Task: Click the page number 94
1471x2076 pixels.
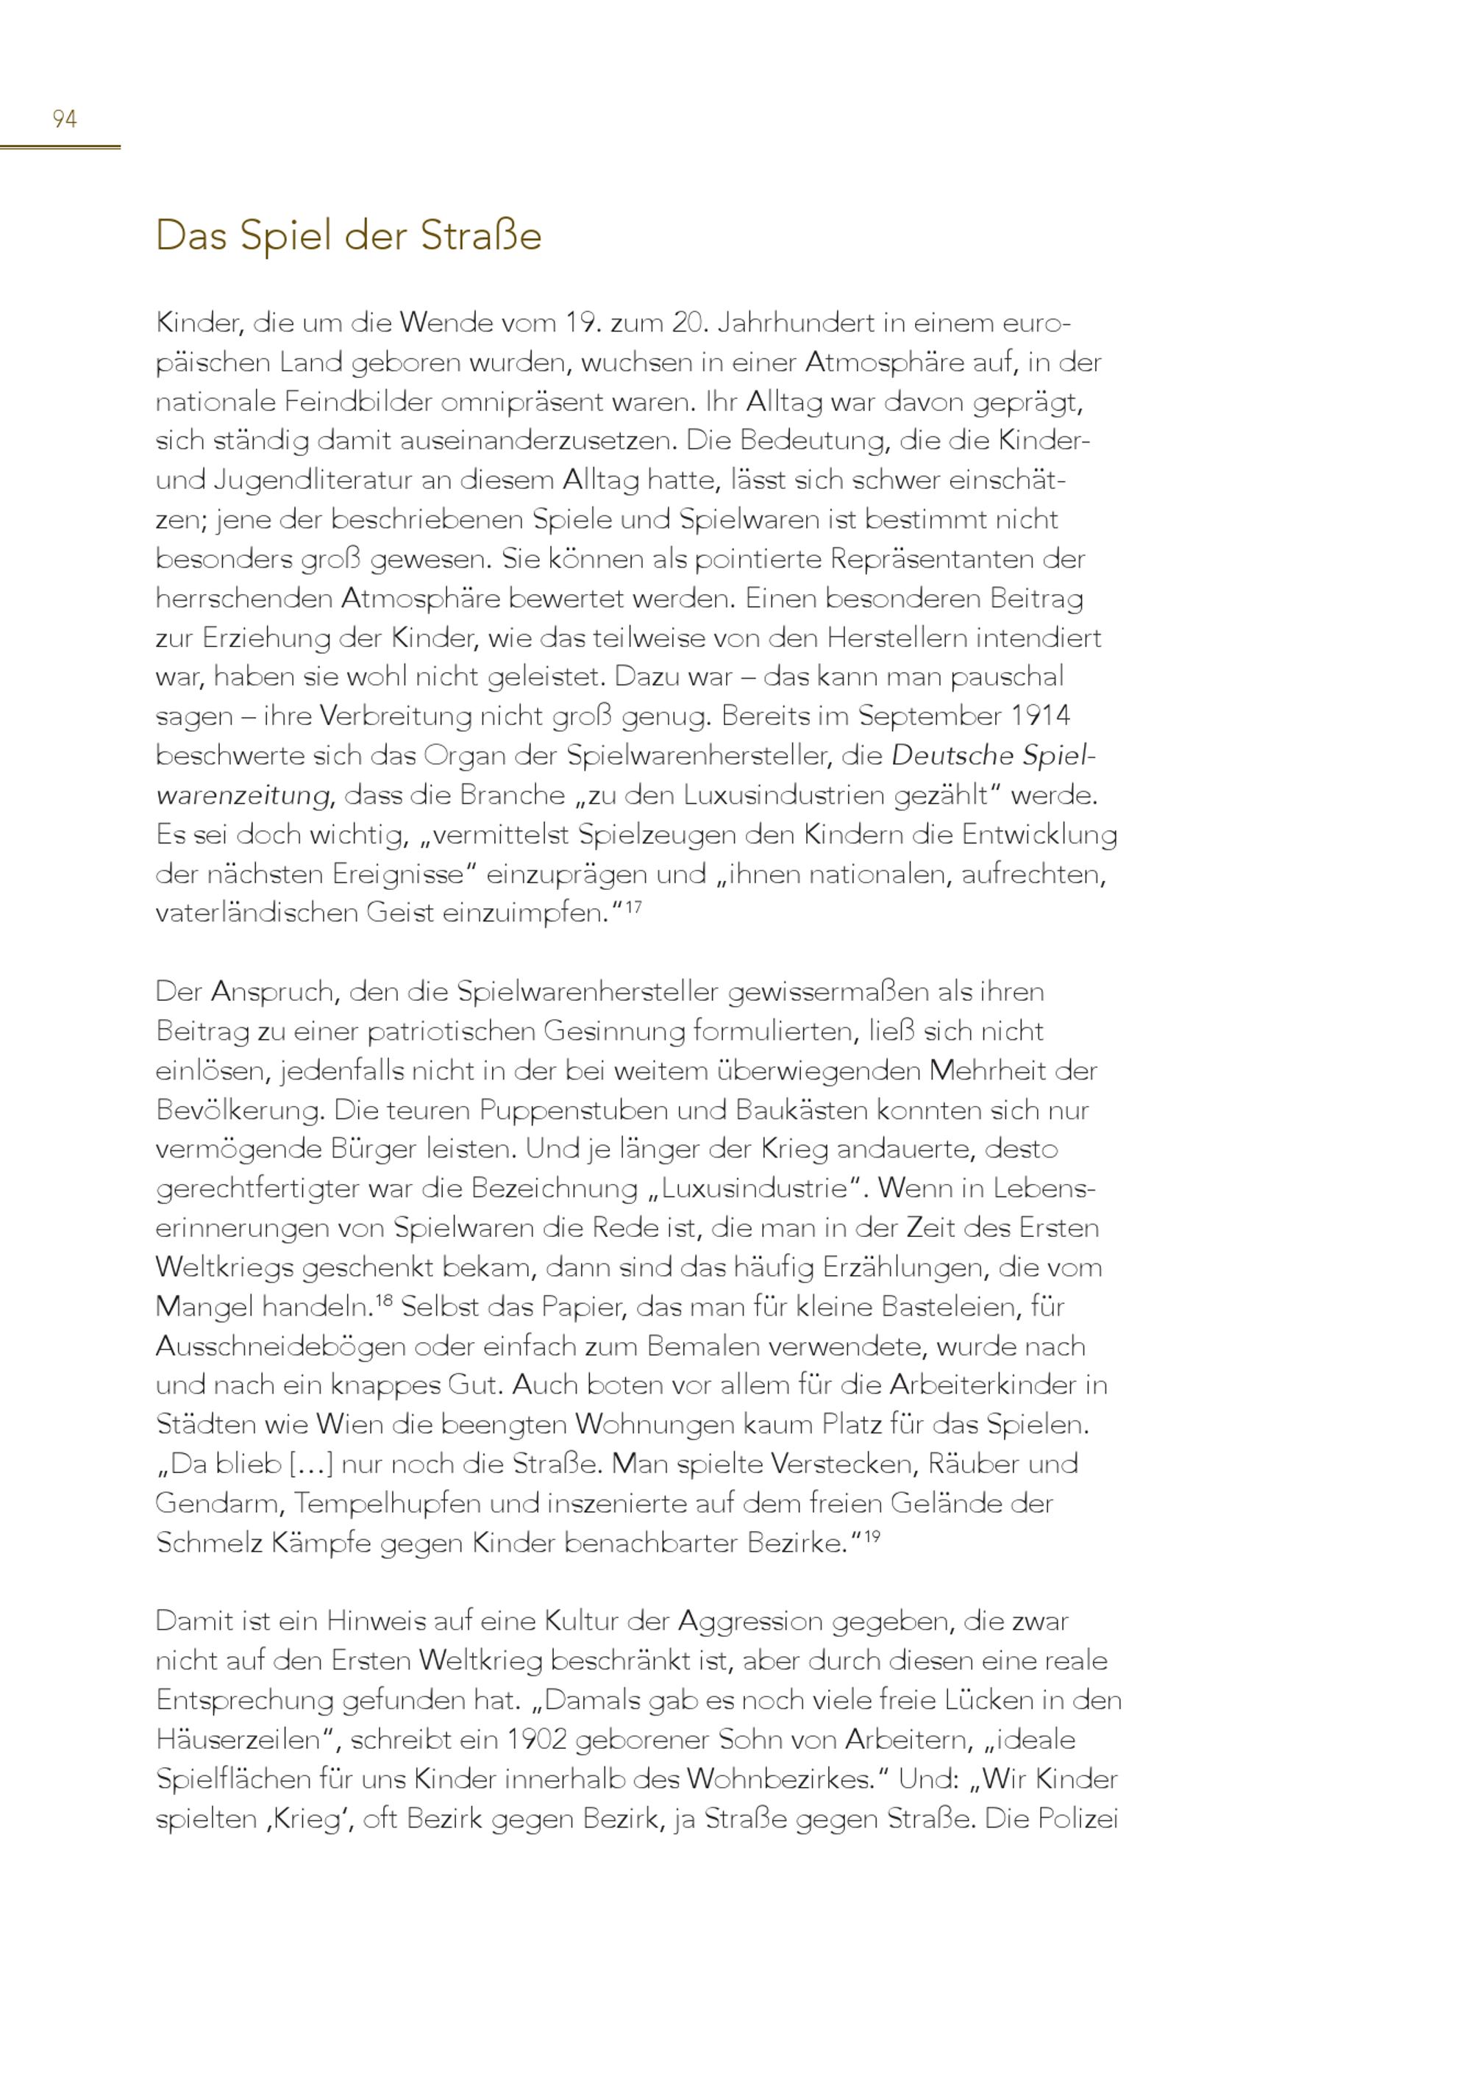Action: click(x=64, y=118)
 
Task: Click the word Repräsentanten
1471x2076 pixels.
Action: click(x=931, y=559)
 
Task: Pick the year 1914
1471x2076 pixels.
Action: click(x=1041, y=716)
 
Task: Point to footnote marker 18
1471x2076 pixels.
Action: click(x=383, y=1301)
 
